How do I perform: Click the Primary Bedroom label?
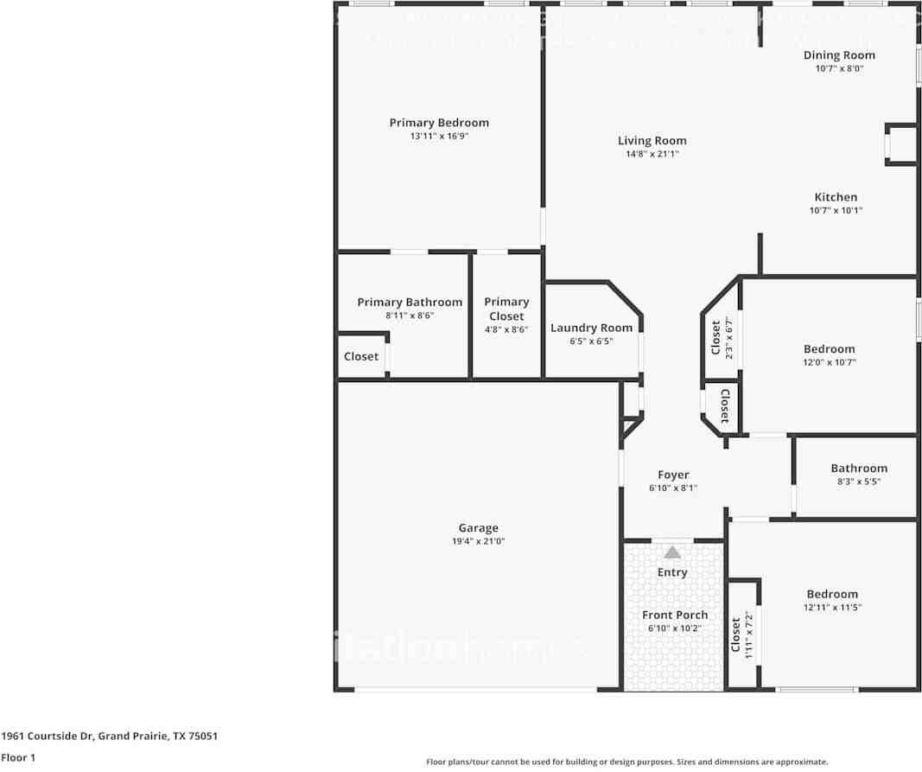439,123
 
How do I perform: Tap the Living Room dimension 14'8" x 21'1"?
652,155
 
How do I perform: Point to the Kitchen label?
836,197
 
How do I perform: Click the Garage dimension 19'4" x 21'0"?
478,541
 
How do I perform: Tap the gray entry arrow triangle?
672,552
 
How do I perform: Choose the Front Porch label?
674,615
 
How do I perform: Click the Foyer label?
673,475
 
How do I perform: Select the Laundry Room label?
591,328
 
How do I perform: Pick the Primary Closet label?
506,309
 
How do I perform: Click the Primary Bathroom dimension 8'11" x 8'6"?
410,316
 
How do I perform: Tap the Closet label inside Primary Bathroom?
361,356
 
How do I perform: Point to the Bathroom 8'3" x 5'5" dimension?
859,482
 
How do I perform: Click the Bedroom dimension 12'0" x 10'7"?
829,362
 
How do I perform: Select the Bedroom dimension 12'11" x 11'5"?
832,607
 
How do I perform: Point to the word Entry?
672,572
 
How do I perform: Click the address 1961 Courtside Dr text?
109,737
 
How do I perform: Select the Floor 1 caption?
17,758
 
